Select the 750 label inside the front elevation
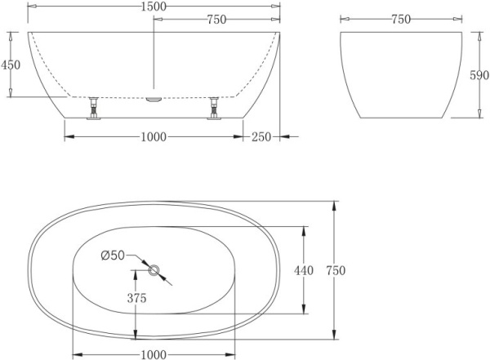(216, 20)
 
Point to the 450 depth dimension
(10, 64)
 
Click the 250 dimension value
(261, 137)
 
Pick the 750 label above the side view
(400, 20)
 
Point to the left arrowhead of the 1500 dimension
(31, 7)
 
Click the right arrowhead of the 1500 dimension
(278, 7)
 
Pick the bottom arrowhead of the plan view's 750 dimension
(333, 336)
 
